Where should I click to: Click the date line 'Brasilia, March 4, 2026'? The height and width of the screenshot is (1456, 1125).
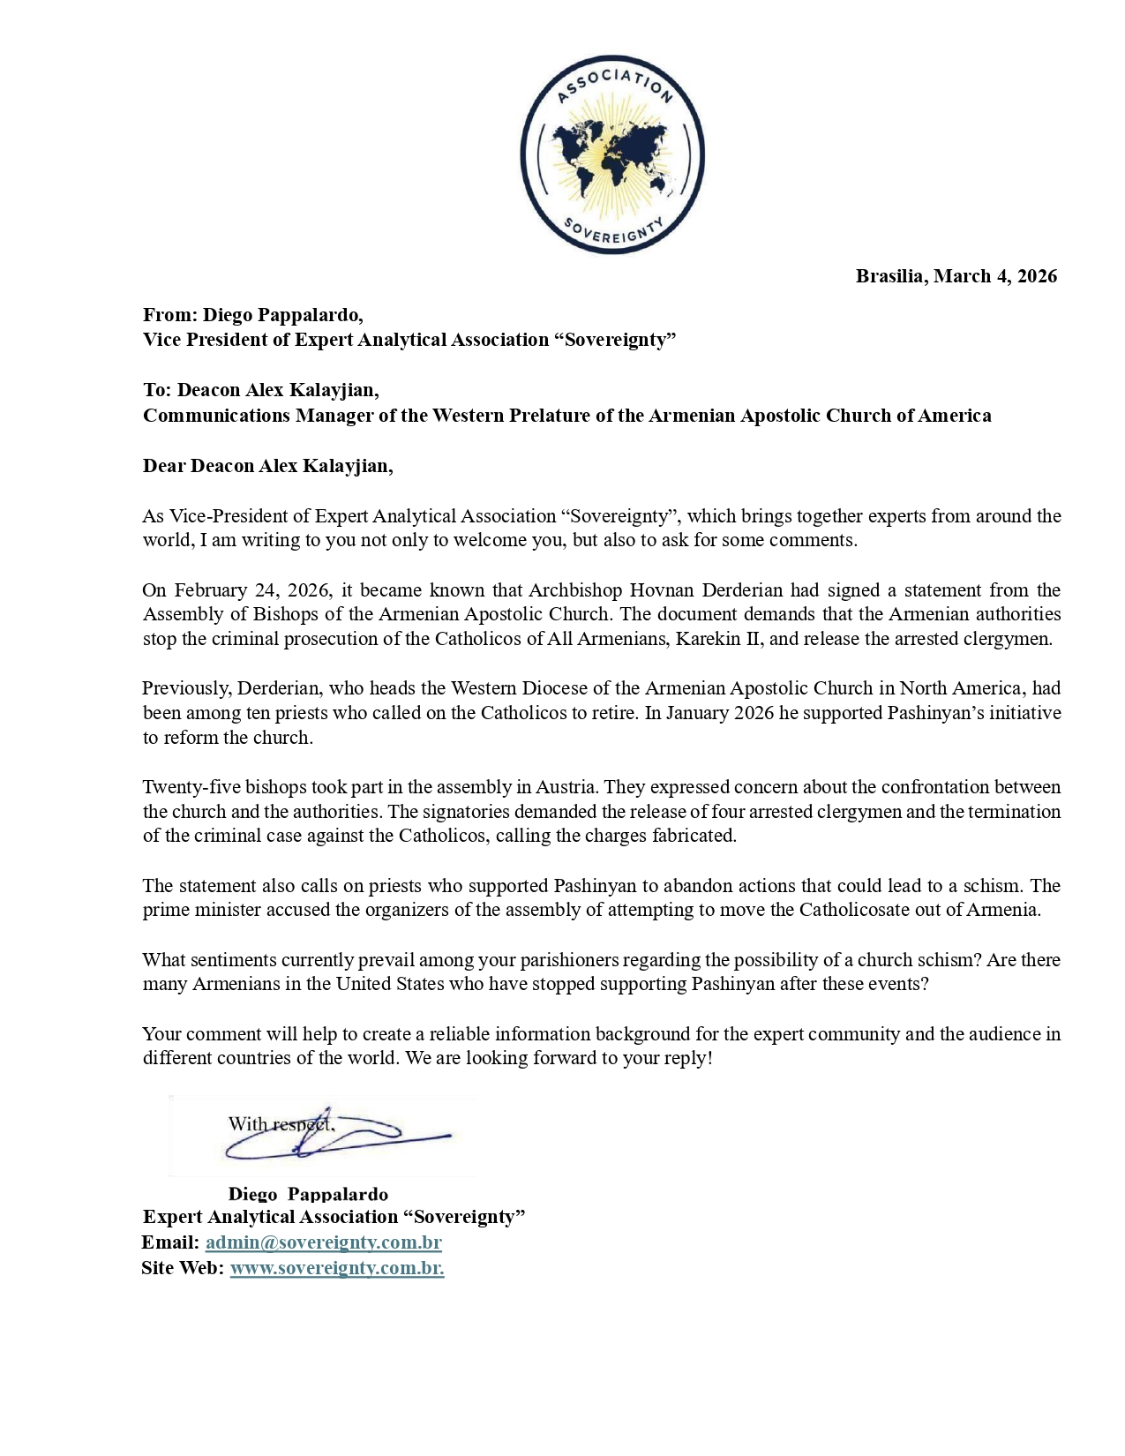[956, 276]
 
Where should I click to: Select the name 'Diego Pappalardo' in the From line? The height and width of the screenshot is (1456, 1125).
[281, 315]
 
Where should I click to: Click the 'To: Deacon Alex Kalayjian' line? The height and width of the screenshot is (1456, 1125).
[261, 390]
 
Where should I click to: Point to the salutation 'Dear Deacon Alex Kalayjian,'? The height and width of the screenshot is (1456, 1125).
[267, 466]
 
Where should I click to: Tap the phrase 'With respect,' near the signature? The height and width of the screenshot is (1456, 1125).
[281, 1124]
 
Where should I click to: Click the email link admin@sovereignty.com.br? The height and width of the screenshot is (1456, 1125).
[323, 1242]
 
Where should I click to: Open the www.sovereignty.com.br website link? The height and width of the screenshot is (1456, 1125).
[336, 1268]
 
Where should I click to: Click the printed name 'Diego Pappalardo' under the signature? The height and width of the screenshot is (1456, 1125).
[308, 1194]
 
